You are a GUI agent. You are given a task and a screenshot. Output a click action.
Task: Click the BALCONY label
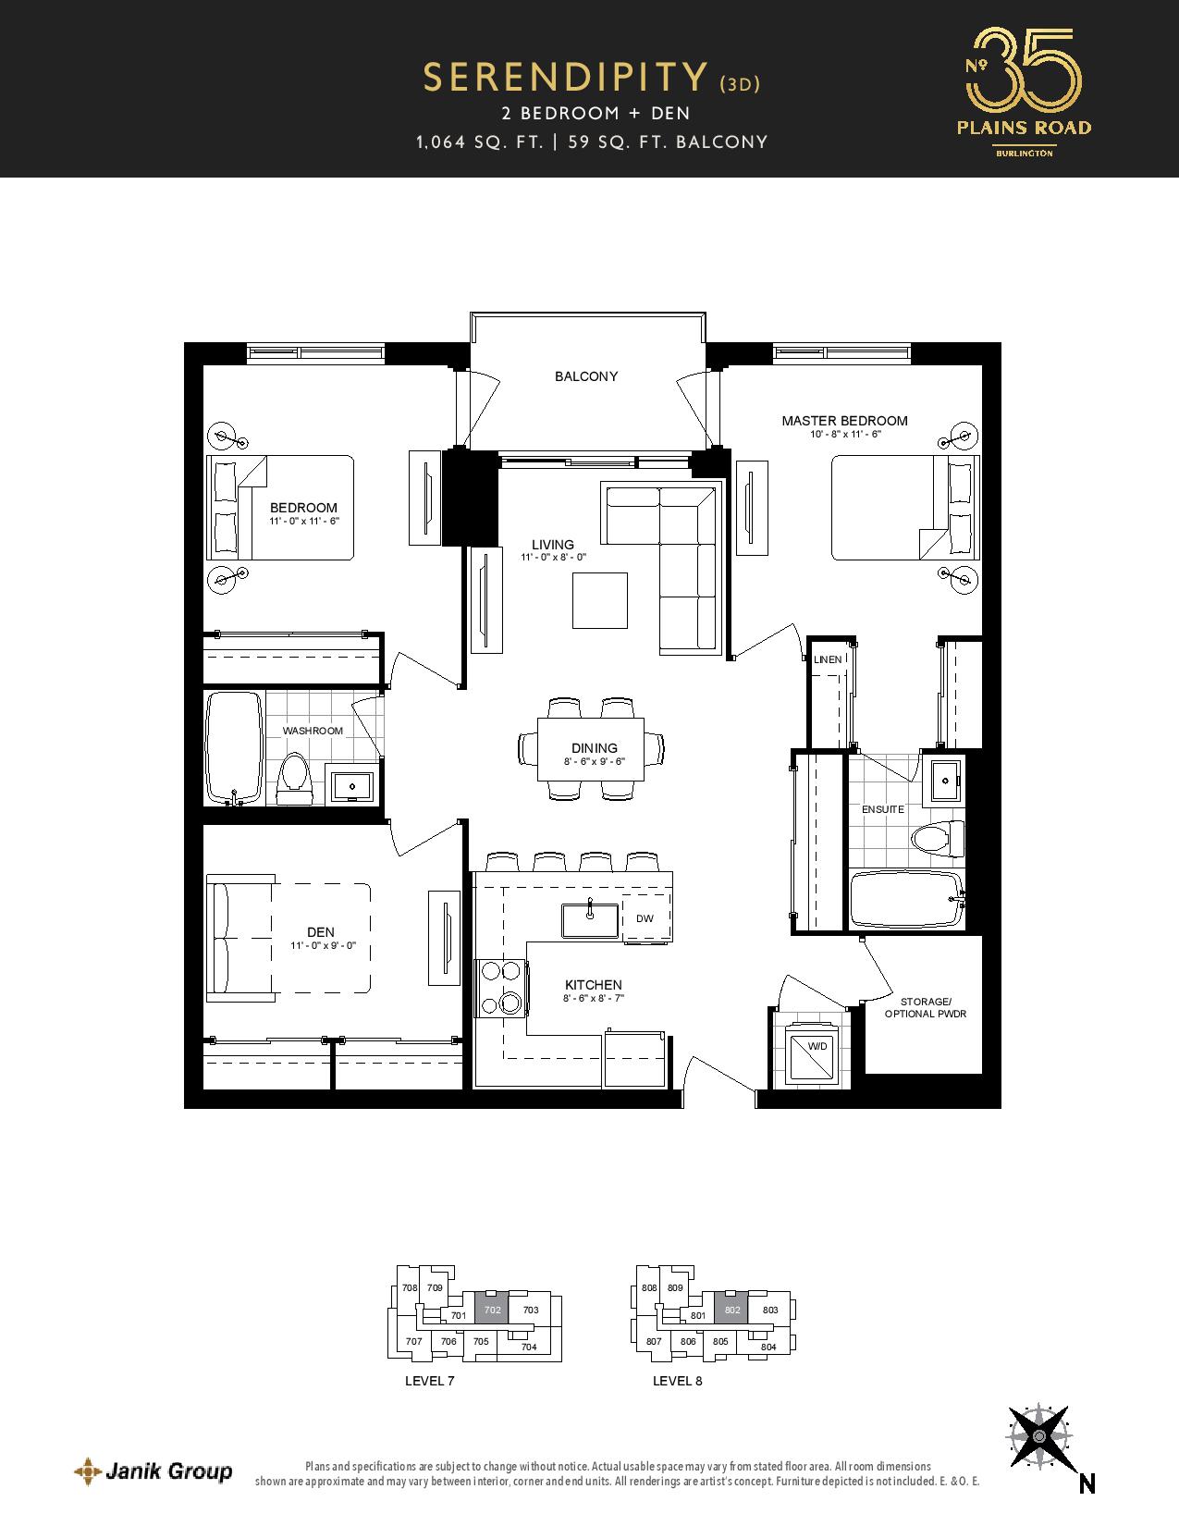[x=586, y=376]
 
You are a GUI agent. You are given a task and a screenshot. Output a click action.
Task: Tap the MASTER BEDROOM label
[x=845, y=421]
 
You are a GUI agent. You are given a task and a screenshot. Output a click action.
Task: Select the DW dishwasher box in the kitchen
[x=645, y=917]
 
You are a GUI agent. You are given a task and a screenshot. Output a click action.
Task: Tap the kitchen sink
[x=590, y=920]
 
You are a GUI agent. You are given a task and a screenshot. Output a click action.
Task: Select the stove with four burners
[x=501, y=988]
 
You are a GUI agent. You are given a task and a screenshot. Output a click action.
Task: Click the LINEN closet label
[x=828, y=659]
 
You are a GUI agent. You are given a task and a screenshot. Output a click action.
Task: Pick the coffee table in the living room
[x=600, y=600]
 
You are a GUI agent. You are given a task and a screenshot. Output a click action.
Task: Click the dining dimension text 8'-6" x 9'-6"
[x=594, y=761]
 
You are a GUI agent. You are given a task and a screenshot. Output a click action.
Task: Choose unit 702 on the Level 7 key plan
[x=492, y=1310]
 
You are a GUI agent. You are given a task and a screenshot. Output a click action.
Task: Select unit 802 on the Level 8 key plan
[x=731, y=1310]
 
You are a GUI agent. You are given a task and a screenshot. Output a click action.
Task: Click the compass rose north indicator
[x=1040, y=1436]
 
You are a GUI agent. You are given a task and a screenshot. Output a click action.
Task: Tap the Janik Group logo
[x=154, y=1471]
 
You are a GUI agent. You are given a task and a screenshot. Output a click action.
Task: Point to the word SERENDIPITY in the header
[x=566, y=78]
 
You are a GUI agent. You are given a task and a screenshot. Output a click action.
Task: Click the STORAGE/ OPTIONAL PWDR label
[x=926, y=1008]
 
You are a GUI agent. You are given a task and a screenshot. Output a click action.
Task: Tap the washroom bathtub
[x=234, y=747]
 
